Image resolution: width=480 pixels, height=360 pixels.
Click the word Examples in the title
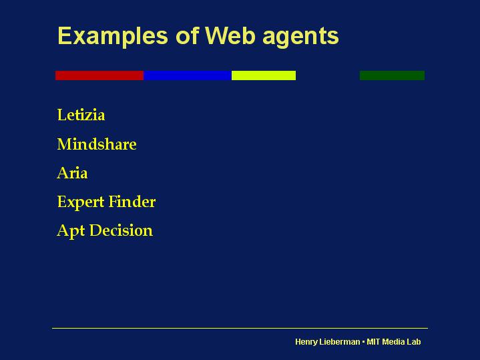113,37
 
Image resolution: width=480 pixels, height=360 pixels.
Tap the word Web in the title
230,35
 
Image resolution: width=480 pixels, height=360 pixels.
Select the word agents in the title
300,37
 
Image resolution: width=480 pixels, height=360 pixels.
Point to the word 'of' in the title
188,35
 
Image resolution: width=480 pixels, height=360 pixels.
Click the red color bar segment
99,75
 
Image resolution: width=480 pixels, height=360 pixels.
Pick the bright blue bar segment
188,75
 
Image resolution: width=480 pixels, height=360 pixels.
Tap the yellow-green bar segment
264,75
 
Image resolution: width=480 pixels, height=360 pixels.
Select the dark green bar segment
392,75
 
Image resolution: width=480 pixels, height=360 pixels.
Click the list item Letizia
81,115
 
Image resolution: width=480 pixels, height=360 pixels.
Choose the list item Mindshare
97,144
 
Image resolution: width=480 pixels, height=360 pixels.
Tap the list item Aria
72,172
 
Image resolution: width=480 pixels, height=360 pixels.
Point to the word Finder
132,201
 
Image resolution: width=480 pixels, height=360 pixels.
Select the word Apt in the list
71,230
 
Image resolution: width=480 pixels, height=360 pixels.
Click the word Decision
121,230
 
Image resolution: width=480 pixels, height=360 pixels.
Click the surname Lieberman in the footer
340,341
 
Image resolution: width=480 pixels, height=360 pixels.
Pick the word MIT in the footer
373,341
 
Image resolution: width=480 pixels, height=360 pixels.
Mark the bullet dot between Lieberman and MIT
363,341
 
